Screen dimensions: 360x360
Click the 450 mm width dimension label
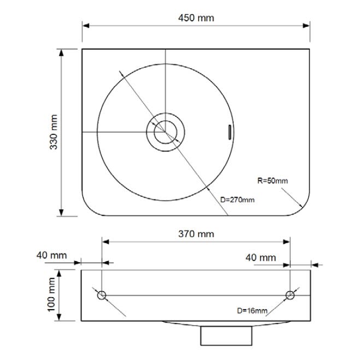coord(196,18)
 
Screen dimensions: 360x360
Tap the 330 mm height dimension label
coord(54,132)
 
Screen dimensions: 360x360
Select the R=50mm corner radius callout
coord(273,181)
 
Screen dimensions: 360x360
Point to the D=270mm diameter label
coord(237,200)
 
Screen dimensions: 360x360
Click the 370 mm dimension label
coord(196,234)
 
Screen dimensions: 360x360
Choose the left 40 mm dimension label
coord(52,255)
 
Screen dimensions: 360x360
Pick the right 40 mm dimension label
coord(261,258)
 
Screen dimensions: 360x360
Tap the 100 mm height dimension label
coord(51,295)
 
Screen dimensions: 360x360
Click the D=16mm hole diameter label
coord(252,311)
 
